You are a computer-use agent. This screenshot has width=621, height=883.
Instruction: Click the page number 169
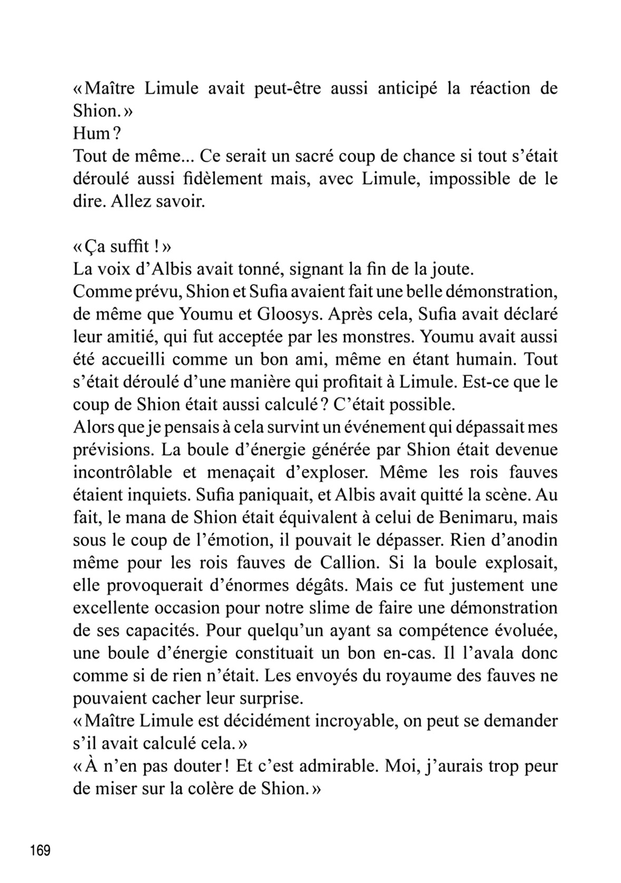(x=40, y=850)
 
